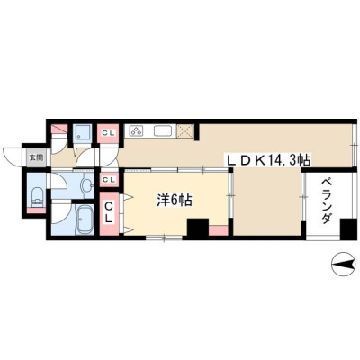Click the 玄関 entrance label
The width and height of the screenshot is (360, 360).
pos(36,157)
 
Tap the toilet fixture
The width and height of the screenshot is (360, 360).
pos(38,197)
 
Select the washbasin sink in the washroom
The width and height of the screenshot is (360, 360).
pos(87,185)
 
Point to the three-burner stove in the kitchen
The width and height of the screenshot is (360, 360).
pos(136,130)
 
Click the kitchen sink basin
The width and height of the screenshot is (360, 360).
pos(164,131)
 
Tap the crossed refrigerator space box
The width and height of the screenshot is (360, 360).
pos(184,130)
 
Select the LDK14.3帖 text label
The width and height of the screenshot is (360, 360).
pos(268,160)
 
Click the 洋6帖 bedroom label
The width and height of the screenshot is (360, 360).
pos(175,201)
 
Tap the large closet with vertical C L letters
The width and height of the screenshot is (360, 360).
pos(109,212)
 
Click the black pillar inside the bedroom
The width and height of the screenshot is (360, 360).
pos(198,227)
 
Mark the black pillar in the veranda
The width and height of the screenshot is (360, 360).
pos(348,229)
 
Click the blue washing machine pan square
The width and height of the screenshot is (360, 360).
pos(82,133)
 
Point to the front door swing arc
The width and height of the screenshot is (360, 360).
pos(11,157)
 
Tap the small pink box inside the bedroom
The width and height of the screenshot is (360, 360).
pos(218,230)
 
